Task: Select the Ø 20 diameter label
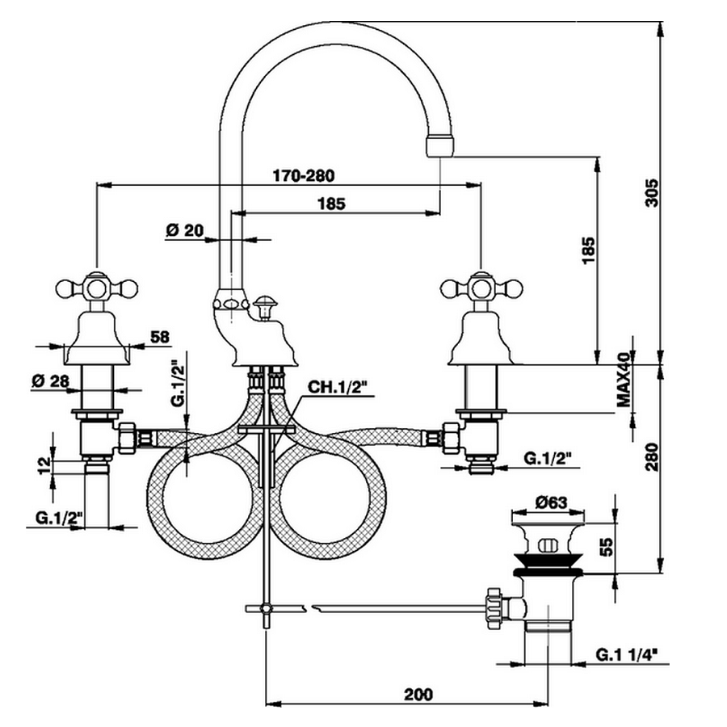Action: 184,230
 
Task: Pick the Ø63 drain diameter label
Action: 552,501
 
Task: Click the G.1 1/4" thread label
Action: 628,653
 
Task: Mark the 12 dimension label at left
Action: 44,464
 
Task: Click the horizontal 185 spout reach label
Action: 331,204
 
